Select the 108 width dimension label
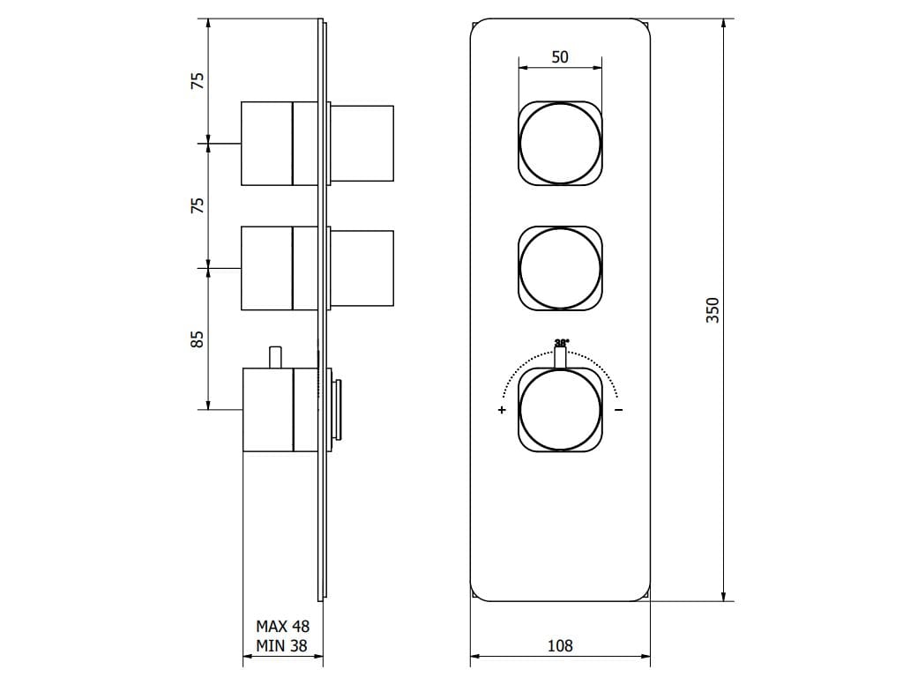(x=560, y=645)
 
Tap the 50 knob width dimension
(x=560, y=57)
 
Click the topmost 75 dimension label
(x=198, y=79)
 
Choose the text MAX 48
(x=282, y=627)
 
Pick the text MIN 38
(x=282, y=645)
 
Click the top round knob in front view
(x=560, y=143)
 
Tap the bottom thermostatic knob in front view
(x=560, y=410)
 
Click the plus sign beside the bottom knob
(x=502, y=410)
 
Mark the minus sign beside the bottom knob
(x=619, y=410)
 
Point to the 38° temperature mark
(x=561, y=342)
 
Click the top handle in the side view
(x=266, y=143)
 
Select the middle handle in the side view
(x=266, y=268)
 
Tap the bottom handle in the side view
(x=266, y=410)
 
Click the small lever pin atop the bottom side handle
(x=275, y=357)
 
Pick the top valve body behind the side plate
(x=362, y=143)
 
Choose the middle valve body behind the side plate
(x=362, y=268)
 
